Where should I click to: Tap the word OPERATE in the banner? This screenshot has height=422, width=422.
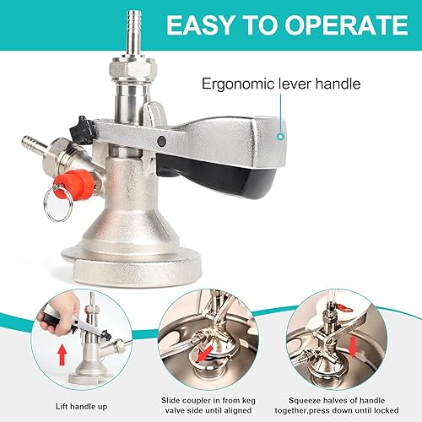(x=347, y=25)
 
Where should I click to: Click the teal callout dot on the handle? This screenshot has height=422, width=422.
(x=280, y=137)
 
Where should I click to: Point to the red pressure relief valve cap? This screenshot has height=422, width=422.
(x=74, y=185)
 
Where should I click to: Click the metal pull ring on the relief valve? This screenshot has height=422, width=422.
(x=57, y=204)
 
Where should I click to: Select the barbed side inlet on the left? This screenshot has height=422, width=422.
(x=34, y=143)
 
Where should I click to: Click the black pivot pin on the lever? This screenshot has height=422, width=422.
(x=162, y=141)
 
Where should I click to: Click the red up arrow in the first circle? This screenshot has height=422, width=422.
(x=62, y=355)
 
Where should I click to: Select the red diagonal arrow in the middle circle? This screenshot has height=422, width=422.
(x=204, y=354)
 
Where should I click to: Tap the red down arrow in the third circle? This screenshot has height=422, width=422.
(x=353, y=349)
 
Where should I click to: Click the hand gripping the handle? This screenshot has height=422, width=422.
(x=59, y=314)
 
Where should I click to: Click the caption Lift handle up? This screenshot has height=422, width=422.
(x=81, y=407)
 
